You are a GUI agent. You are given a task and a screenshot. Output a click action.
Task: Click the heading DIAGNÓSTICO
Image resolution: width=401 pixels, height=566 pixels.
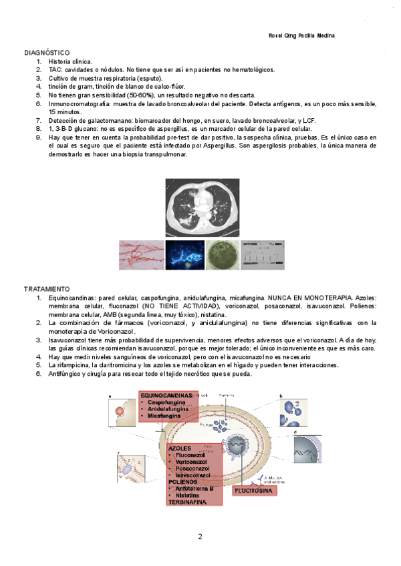pos(46,52)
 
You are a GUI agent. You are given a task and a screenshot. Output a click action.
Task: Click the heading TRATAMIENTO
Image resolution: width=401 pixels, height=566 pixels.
pos(46,288)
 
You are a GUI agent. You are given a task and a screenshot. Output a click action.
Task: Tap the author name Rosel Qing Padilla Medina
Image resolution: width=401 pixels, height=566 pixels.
pos(296,35)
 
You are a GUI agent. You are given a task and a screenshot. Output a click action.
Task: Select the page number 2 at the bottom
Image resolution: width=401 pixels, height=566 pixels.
pos(200,537)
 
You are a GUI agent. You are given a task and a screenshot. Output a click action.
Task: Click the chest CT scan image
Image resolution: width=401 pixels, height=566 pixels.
pos(200,208)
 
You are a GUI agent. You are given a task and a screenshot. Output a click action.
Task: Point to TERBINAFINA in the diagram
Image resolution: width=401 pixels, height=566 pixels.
pos(189,501)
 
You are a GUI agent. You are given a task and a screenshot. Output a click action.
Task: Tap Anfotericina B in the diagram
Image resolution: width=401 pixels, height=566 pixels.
pos(194,488)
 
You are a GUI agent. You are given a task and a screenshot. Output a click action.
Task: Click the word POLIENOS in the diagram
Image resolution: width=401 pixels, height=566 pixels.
pos(184,481)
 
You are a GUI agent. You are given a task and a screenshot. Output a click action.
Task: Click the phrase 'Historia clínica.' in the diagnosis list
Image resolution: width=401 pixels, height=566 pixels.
pos(70,61)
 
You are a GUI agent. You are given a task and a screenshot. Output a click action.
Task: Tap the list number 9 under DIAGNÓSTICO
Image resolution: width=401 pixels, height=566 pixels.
pos(39,137)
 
